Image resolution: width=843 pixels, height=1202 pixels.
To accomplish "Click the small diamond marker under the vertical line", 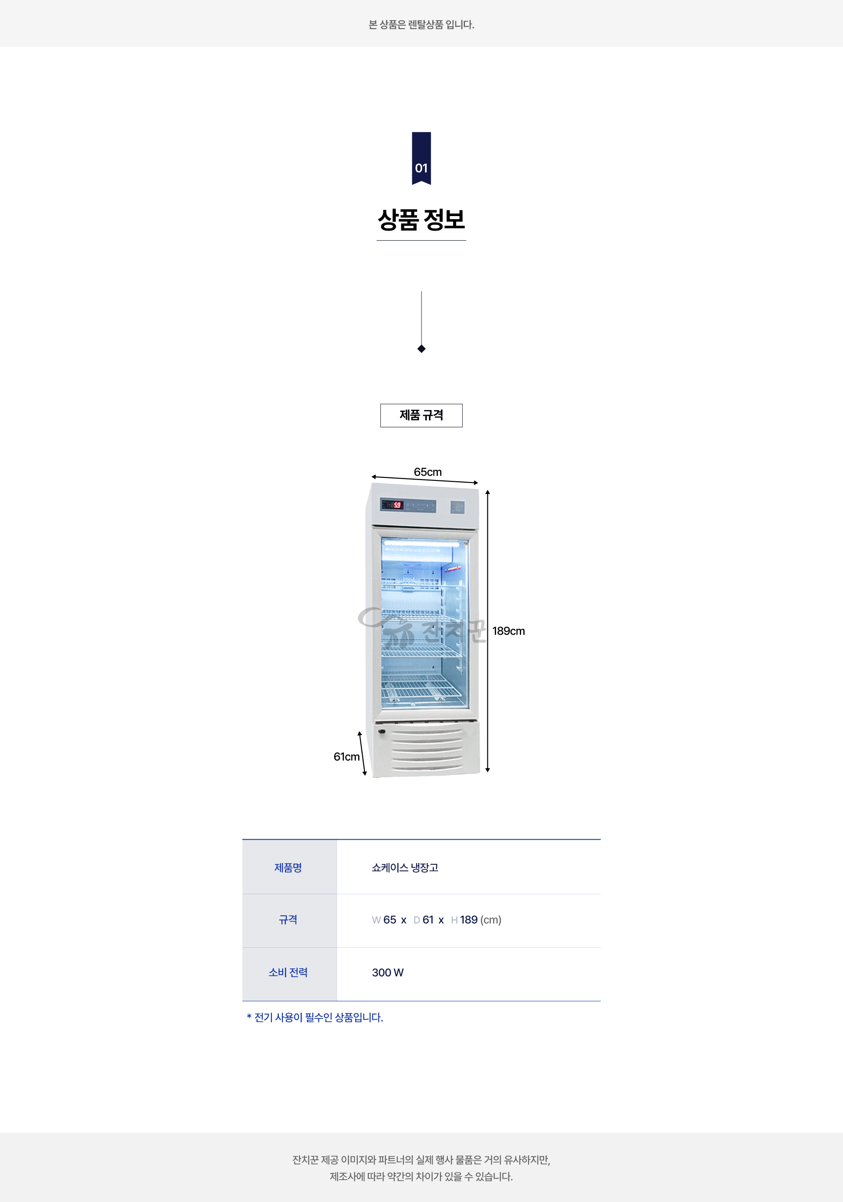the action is pos(421,349).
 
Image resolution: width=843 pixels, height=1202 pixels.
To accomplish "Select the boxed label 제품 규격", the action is pos(421,415).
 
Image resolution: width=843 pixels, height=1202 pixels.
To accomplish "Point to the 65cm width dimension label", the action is pos(428,472).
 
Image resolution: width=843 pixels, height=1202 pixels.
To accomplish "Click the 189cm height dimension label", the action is pos(508,631).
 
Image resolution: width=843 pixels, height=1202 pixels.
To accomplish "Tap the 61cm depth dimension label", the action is pos(346,757).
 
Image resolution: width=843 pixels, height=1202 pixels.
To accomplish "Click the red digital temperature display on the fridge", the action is pos(397,505).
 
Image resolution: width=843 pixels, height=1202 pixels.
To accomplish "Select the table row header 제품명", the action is pos(288,867).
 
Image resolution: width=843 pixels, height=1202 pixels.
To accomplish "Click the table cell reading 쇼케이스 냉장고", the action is pos(405,867).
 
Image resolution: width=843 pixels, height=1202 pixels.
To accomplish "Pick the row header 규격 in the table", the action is pos(288,920).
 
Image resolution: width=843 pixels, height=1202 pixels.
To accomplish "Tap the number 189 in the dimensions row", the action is pos(469,920).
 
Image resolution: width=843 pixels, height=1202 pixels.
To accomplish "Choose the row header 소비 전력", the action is pos(288,972).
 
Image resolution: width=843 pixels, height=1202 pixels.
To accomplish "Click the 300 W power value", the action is pos(388,972).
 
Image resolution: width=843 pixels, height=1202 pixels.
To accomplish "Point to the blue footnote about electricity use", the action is pos(315,1017).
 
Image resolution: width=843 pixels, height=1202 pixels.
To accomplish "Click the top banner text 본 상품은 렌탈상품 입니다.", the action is pos(421,25).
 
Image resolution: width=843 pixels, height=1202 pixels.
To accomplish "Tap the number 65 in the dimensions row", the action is pos(390,920).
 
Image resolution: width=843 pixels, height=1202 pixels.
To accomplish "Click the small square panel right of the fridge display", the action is pos(458,507).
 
